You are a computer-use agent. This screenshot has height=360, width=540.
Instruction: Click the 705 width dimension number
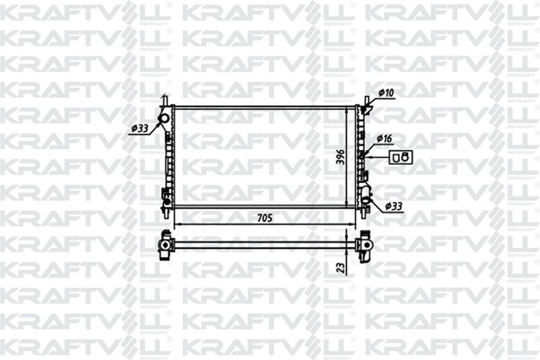[265, 219]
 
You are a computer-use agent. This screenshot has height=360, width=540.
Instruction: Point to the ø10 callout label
[386, 93]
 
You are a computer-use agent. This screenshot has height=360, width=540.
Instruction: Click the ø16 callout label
[385, 138]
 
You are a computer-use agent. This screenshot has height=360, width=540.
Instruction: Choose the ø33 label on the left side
[139, 129]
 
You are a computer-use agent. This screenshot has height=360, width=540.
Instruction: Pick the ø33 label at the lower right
[394, 207]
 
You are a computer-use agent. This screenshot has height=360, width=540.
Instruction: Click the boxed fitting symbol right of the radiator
[400, 157]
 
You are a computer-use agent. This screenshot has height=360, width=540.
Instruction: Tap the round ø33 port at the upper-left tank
[163, 119]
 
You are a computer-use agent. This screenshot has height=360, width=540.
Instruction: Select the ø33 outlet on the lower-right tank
[367, 200]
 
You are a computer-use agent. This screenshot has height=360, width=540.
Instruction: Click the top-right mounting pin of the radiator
[367, 99]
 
